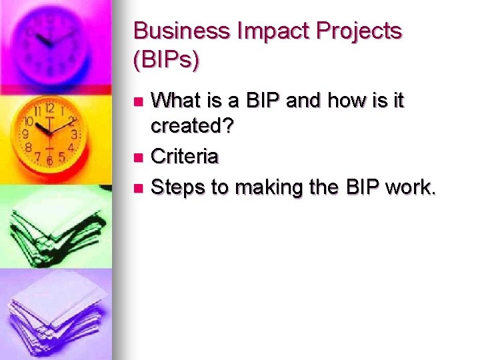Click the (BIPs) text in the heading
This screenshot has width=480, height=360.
(167, 61)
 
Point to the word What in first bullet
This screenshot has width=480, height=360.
(176, 101)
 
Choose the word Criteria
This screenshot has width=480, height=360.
(185, 157)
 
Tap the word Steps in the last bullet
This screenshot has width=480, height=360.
(178, 187)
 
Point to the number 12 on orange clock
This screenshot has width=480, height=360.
(49, 108)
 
